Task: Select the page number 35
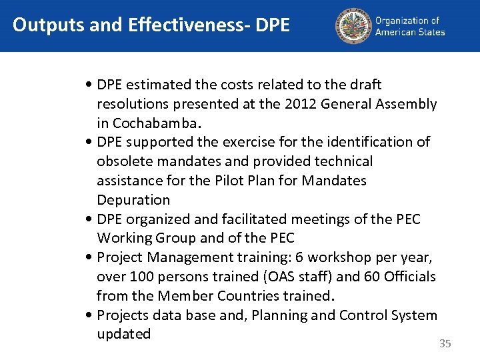pos(445,344)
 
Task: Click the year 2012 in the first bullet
pos(300,104)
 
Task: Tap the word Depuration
pos(133,200)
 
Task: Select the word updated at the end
pos(124,334)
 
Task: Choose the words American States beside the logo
pos(410,31)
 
